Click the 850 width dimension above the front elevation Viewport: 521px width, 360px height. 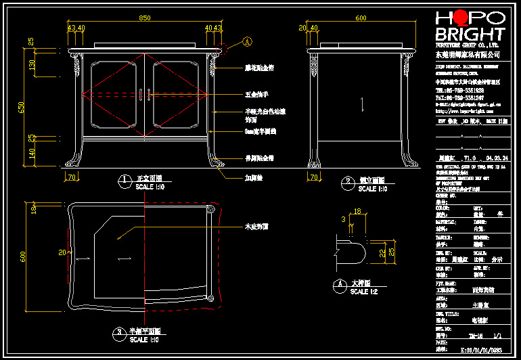coord(144,18)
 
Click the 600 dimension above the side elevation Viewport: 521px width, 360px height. coord(361,18)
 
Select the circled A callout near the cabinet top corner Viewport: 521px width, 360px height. coord(247,42)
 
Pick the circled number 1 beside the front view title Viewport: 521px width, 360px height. coord(124,180)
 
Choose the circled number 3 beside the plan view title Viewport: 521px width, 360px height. coord(118,332)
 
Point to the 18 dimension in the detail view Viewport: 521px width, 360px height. coord(358,211)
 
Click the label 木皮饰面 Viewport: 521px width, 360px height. coord(256,227)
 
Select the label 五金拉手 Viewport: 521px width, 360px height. coord(256,95)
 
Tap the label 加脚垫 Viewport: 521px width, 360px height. coord(253,179)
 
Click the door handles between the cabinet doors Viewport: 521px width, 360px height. coord(143,95)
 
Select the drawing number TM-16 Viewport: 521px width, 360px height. coord(476,335)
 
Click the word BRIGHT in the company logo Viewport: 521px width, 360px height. coord(470,34)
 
